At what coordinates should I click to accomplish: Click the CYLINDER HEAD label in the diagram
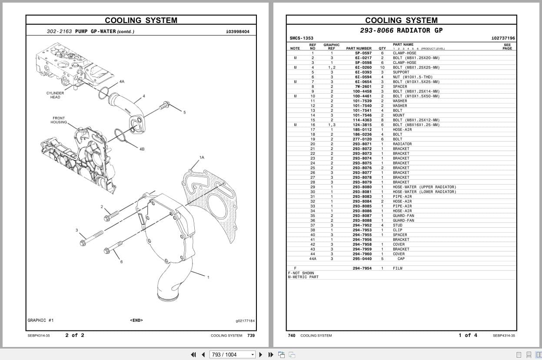coord(55,95)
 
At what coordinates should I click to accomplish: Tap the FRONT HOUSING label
coord(59,120)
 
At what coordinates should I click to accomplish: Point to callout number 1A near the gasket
coord(202,157)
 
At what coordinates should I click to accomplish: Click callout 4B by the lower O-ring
coord(142,149)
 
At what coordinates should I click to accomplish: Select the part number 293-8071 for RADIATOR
coord(362,144)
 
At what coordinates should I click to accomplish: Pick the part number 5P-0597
coord(363,53)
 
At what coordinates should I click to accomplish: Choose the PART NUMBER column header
coord(359,48)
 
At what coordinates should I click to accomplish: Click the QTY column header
coord(382,48)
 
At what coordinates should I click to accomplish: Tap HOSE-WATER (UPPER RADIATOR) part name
coord(424,187)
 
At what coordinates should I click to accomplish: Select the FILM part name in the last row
coord(397,268)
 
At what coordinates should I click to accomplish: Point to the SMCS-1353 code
coord(301,38)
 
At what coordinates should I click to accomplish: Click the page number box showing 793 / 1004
coord(233,354)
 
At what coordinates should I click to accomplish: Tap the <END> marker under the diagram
coord(136,320)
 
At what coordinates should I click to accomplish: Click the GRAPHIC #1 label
coord(40,320)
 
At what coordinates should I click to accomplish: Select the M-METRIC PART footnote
coord(303,277)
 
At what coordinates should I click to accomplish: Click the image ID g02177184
coord(245,321)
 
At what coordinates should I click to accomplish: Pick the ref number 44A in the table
coord(313,259)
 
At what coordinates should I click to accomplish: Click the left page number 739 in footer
coord(251,335)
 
